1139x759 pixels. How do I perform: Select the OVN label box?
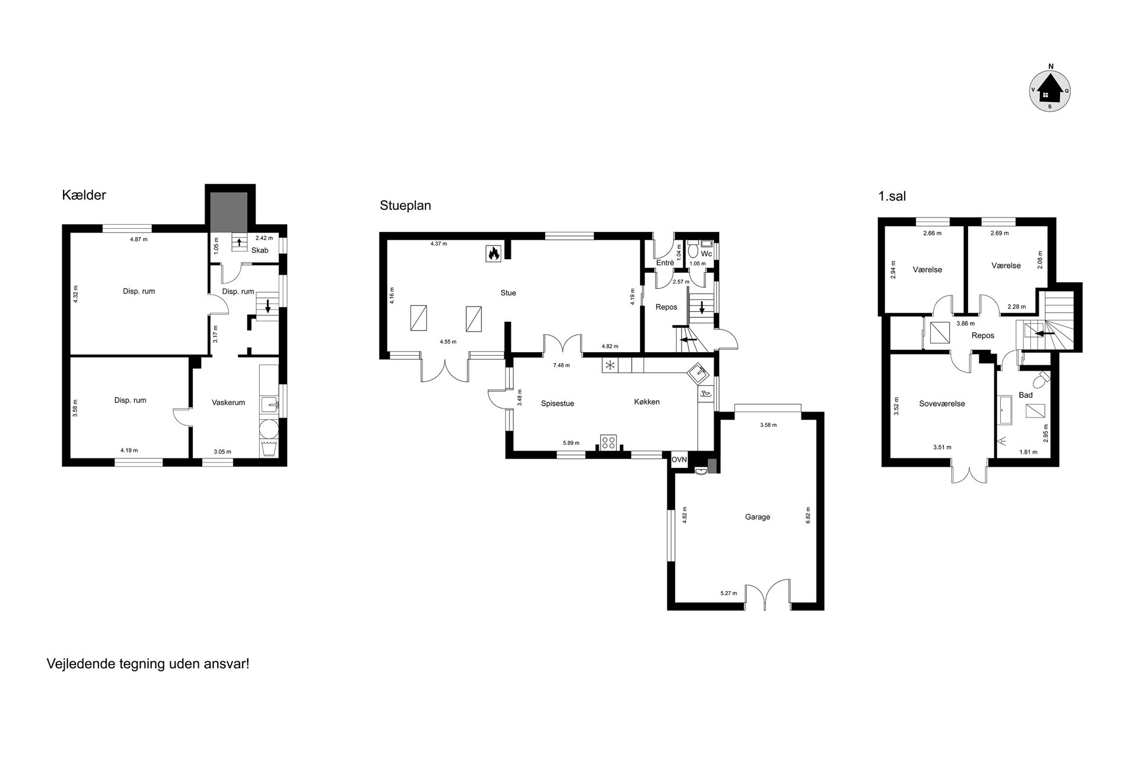click(679, 460)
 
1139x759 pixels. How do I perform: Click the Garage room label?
click(758, 517)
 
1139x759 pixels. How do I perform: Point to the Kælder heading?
click(84, 195)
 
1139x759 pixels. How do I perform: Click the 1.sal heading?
click(892, 196)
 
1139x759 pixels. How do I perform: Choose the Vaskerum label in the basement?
click(228, 403)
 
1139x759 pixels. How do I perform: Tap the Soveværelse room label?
click(942, 404)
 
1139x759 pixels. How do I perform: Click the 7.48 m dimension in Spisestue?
click(561, 365)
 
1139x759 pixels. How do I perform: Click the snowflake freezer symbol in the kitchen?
click(609, 365)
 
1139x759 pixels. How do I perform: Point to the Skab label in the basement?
click(260, 250)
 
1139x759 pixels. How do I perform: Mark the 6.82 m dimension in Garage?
click(808, 514)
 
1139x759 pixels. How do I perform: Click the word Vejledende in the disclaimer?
click(78, 664)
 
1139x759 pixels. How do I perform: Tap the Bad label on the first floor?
click(1026, 395)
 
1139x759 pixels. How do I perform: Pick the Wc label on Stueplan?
click(707, 254)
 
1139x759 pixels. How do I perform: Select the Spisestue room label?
click(558, 404)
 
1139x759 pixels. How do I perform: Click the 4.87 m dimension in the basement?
click(138, 240)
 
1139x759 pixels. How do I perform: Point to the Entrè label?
click(665, 263)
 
